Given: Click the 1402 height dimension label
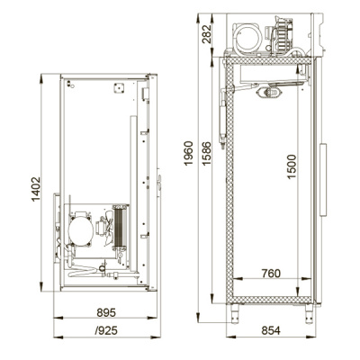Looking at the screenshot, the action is (x=36, y=189).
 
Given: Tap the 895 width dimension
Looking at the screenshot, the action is (x=106, y=312).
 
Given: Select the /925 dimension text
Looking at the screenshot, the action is (x=106, y=330).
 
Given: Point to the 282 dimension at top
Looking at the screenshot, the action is (x=206, y=34).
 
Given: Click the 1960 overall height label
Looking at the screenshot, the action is (x=188, y=153).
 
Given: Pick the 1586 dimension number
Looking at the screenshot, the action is (x=206, y=153).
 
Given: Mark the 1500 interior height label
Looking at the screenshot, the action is (x=292, y=166).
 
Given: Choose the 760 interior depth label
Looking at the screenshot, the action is (x=271, y=274).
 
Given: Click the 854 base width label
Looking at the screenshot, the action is (x=271, y=330).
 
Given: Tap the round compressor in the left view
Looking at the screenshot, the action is (x=81, y=230).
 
